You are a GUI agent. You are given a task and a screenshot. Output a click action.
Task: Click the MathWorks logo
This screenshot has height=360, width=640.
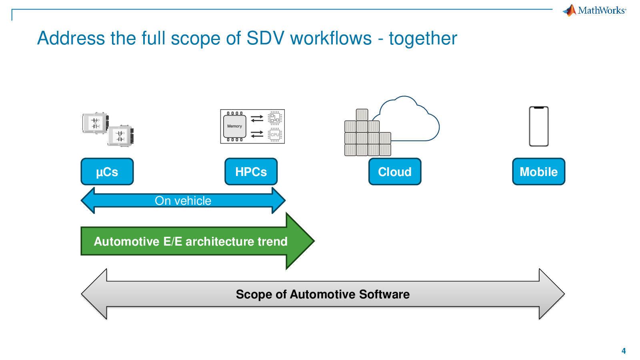(x=594, y=10)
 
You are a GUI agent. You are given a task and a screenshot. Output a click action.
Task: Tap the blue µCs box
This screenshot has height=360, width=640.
(x=107, y=172)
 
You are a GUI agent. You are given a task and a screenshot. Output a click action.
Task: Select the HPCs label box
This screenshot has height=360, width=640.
(x=251, y=172)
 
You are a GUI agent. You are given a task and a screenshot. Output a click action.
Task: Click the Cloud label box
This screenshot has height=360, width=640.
(x=395, y=172)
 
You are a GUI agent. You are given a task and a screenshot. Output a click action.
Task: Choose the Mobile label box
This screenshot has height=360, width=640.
(x=539, y=172)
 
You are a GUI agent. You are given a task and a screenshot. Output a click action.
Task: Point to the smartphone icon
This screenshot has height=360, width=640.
(x=539, y=126)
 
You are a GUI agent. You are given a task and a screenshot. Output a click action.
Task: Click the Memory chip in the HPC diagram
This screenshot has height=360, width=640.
(x=234, y=126)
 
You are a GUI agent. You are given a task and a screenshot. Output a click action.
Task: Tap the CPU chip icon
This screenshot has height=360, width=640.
(x=275, y=135)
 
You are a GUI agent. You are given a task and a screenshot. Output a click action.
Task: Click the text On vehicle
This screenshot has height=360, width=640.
(x=183, y=200)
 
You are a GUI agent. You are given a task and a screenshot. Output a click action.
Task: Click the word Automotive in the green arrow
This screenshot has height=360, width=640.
(x=126, y=242)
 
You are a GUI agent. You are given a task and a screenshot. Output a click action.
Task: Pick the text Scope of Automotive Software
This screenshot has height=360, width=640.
(x=323, y=294)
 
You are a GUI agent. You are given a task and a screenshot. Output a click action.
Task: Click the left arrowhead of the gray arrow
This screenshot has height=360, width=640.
(x=94, y=294)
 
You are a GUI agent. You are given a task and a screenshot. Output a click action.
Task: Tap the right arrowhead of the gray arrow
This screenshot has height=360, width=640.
(x=552, y=294)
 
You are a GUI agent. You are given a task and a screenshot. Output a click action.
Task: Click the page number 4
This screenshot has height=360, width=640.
(x=624, y=351)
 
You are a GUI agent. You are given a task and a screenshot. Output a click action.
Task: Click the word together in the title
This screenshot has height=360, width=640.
(x=423, y=38)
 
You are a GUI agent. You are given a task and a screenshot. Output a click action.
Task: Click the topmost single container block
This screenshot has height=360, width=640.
(x=362, y=115)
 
